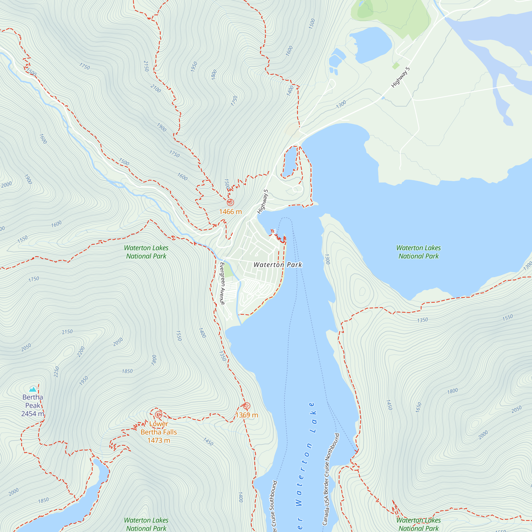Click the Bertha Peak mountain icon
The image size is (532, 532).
click(x=33, y=389)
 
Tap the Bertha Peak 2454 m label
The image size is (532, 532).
click(x=33, y=405)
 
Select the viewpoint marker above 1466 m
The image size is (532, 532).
click(x=230, y=202)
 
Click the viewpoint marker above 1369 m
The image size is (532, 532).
click(x=247, y=406)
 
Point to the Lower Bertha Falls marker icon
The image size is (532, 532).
click(x=158, y=414)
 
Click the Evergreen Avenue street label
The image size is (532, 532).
click(x=222, y=284)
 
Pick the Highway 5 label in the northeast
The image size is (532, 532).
click(x=400, y=77)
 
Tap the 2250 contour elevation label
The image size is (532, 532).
click(x=56, y=372)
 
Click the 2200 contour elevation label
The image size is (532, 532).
click(x=81, y=352)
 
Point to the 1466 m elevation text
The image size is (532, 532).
click(x=230, y=212)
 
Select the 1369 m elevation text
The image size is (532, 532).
click(x=247, y=415)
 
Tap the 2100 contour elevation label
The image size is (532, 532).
click(x=156, y=89)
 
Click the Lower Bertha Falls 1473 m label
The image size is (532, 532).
click(x=159, y=432)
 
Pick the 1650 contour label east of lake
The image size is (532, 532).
click(x=418, y=407)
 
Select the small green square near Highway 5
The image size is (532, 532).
click(x=396, y=66)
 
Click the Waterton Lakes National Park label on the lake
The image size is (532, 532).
click(x=418, y=252)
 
